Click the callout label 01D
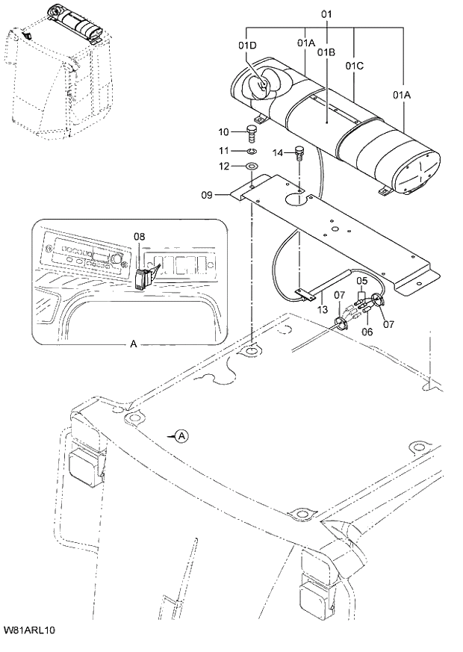coord(247,45)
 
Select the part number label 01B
coord(325,52)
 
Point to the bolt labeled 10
coord(252,134)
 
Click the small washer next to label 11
coord(252,152)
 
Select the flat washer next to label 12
coord(252,166)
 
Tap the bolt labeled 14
coord(300,153)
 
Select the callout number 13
coord(322,308)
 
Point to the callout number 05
coord(361,282)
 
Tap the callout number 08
coord(140,237)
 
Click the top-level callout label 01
coord(326,14)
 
